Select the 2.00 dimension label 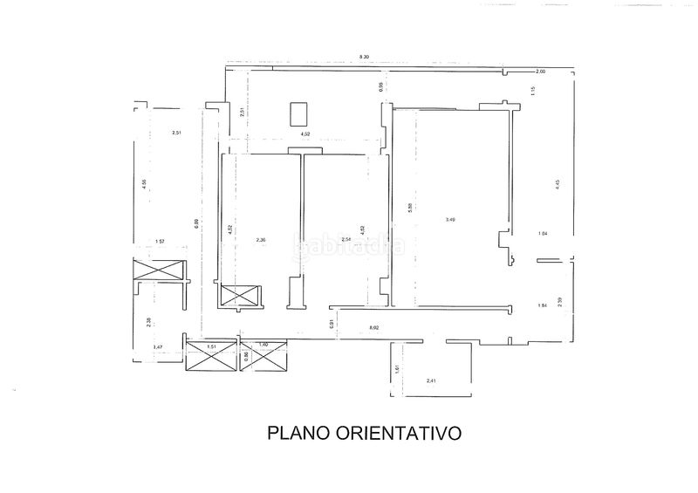pos(540,71)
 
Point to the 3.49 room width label pos(450,220)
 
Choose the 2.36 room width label pos(260,239)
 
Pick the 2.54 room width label pos(346,239)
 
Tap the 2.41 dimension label pos(430,381)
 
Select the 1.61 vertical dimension pos(396,369)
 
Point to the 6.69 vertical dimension pos(196,224)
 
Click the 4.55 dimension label pos(145,183)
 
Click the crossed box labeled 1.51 pos(210,354)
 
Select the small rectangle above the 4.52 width pos(298,113)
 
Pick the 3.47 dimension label pos(158,348)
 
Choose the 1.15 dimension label pos(532,91)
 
